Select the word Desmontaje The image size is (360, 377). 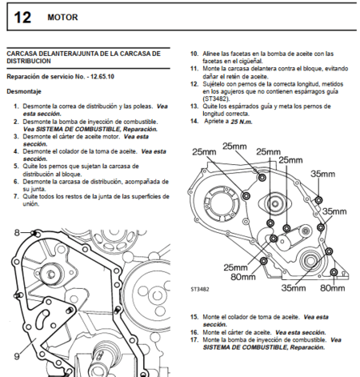tap(26, 93)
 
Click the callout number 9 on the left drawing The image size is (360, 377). tap(15, 354)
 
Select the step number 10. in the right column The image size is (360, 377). tap(194, 54)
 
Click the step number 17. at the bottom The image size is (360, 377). tap(194, 339)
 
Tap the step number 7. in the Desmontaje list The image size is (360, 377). tap(17, 195)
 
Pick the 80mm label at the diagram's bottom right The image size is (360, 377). tap(331, 286)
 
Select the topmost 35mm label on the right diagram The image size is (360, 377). tap(323, 174)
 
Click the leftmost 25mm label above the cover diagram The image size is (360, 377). tap(205, 151)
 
